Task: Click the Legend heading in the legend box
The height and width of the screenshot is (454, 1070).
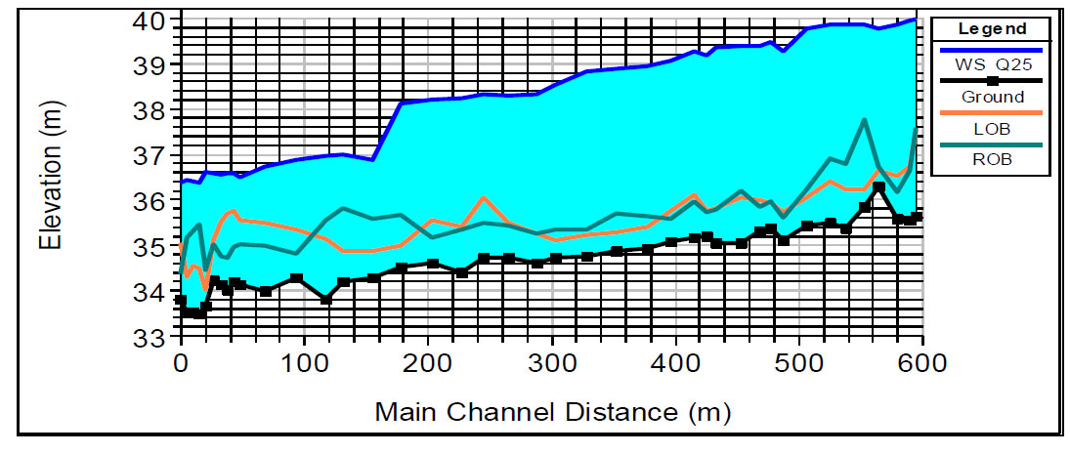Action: (x=991, y=28)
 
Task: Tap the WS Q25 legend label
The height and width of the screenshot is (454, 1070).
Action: (x=991, y=64)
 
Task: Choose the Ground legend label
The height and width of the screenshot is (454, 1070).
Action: (x=991, y=97)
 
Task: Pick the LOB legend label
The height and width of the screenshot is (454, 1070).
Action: (x=991, y=129)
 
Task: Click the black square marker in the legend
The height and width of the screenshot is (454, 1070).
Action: (x=992, y=81)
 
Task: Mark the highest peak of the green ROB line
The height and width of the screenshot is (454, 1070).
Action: (x=865, y=120)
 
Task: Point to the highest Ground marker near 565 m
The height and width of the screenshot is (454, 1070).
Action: (x=878, y=187)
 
